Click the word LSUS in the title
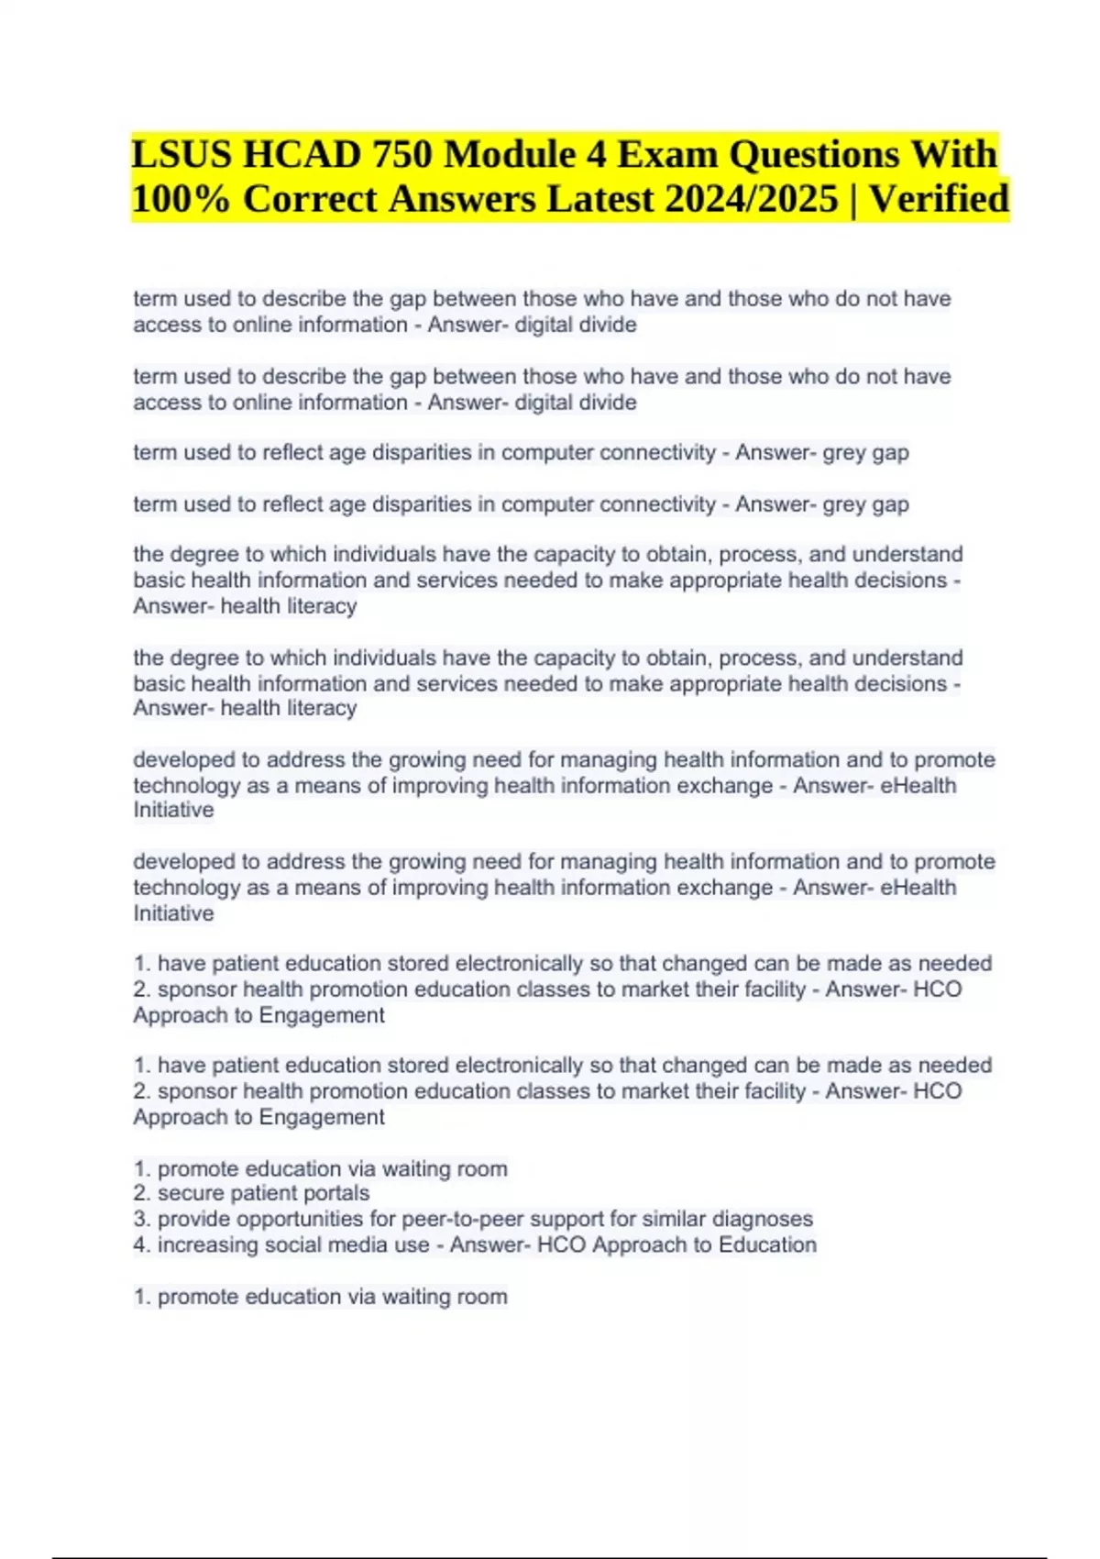[180, 154]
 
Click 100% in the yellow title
[181, 199]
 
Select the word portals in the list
[335, 1193]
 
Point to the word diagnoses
[763, 1219]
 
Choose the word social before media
[294, 1244]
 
